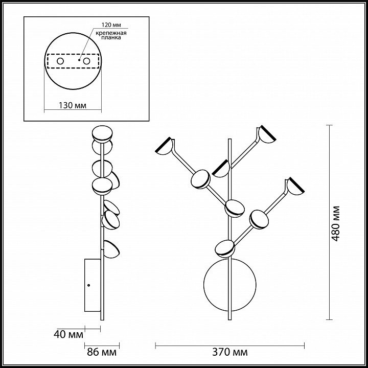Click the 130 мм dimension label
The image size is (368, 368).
pos(72,105)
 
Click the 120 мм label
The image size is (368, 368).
pos(111,25)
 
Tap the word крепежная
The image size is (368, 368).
pos(111,33)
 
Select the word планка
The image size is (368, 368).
pos(111,37)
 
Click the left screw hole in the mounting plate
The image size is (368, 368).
pos(60,61)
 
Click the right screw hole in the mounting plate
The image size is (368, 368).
pos(86,61)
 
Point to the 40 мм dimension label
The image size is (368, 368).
pos(68,334)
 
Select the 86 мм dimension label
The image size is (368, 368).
pos(102,352)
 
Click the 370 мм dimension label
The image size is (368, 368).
pos(230,352)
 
